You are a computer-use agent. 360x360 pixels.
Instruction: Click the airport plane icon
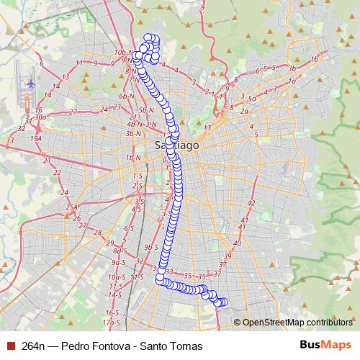click(30, 83)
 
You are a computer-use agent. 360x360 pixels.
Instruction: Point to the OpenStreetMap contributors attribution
click(293, 323)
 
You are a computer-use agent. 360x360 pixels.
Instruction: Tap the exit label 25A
click(72, 207)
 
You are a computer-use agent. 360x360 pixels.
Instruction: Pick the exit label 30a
click(40, 117)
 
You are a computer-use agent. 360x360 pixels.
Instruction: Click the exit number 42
click(251, 203)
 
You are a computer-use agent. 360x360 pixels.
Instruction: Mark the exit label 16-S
click(112, 313)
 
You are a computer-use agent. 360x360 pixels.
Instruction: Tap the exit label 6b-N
click(127, 96)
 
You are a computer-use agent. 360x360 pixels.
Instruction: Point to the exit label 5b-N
click(147, 109)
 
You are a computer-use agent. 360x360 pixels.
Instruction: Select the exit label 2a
click(244, 112)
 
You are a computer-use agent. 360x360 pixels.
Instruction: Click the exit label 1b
click(314, 59)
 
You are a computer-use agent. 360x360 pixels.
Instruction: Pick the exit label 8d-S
click(119, 251)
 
